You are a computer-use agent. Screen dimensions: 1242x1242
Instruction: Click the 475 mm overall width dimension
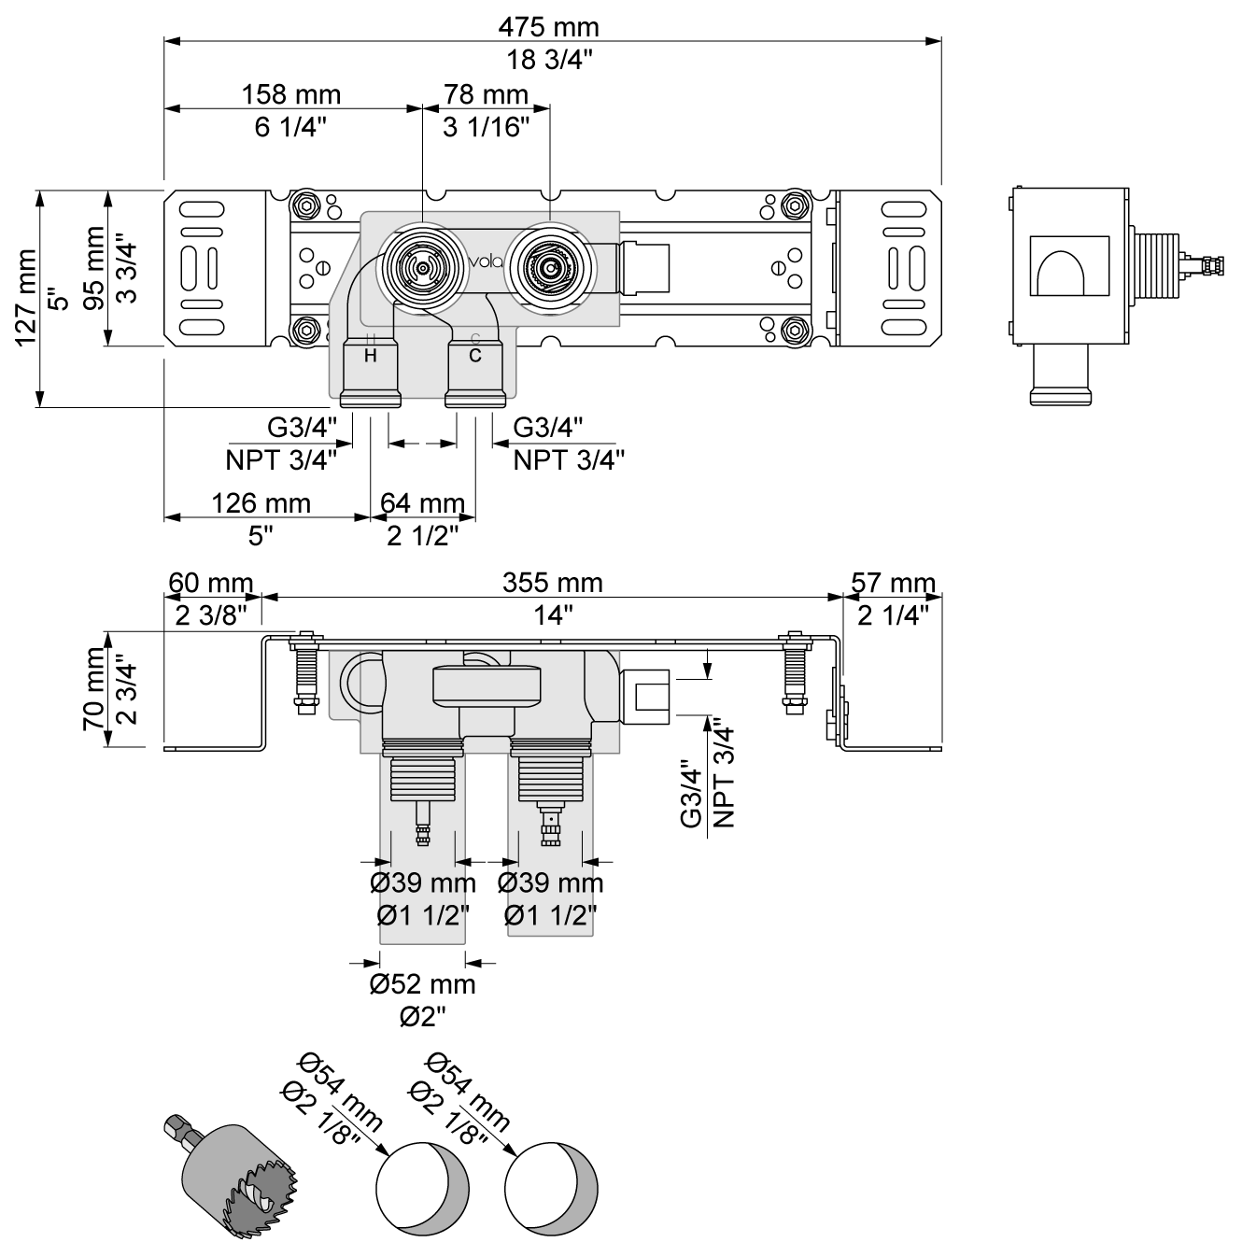[x=548, y=26]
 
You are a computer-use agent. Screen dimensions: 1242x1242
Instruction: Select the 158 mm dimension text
[x=291, y=94]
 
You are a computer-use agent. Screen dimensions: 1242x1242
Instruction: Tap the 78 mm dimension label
[x=487, y=94]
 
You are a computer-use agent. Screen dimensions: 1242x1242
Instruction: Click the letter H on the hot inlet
[x=370, y=356]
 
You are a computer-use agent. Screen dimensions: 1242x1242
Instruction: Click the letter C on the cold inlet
[x=475, y=356]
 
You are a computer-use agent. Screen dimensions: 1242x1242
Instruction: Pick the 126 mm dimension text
[x=261, y=503]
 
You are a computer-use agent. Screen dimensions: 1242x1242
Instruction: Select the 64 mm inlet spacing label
[x=422, y=504]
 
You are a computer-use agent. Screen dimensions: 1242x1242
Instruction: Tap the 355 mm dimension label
[x=553, y=583]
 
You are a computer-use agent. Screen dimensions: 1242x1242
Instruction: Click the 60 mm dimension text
[x=210, y=584]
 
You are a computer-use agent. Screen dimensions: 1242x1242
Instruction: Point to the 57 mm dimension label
[x=893, y=584]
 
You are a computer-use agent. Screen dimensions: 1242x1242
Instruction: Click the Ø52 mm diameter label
[x=422, y=983]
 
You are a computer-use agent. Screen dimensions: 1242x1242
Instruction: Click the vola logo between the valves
[x=486, y=261]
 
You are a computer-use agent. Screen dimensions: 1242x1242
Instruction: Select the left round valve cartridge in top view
[x=422, y=267]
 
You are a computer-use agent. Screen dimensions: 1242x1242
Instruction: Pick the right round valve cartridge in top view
[x=549, y=267]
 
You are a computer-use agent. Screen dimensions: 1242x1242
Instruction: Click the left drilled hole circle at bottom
[x=420, y=1188]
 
